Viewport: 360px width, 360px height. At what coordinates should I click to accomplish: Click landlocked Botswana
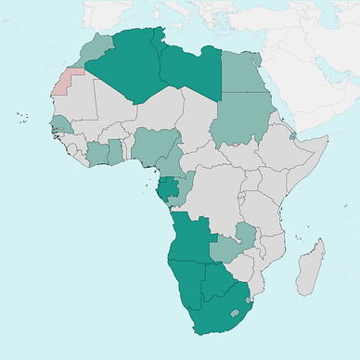[x=214, y=283]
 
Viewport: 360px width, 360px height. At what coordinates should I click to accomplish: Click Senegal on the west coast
[x=59, y=123]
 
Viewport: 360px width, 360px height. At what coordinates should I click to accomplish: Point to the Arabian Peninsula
[x=315, y=84]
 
